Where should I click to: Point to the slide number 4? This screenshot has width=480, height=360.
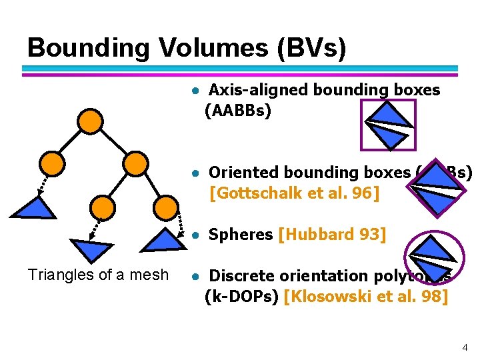465,347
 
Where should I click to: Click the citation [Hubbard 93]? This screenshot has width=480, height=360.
331,235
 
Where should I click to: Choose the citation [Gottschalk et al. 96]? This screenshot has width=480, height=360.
294,194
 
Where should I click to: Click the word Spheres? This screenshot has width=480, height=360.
241,235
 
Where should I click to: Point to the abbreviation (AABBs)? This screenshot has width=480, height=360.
237,110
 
